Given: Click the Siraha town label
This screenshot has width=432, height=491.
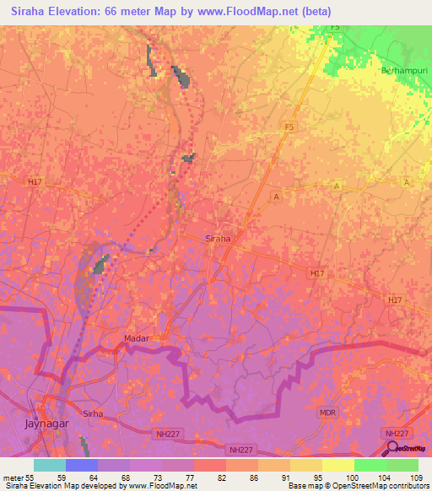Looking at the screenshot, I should click(218, 239).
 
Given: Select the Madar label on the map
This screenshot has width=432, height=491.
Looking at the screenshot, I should click(136, 338).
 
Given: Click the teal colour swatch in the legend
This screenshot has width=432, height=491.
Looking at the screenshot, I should click(50, 465).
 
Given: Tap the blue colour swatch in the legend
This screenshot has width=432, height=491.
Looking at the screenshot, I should click(82, 465).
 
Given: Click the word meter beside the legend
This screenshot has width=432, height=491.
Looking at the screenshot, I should click(12, 477).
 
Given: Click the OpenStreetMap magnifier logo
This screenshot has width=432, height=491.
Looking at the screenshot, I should click(391, 449).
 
